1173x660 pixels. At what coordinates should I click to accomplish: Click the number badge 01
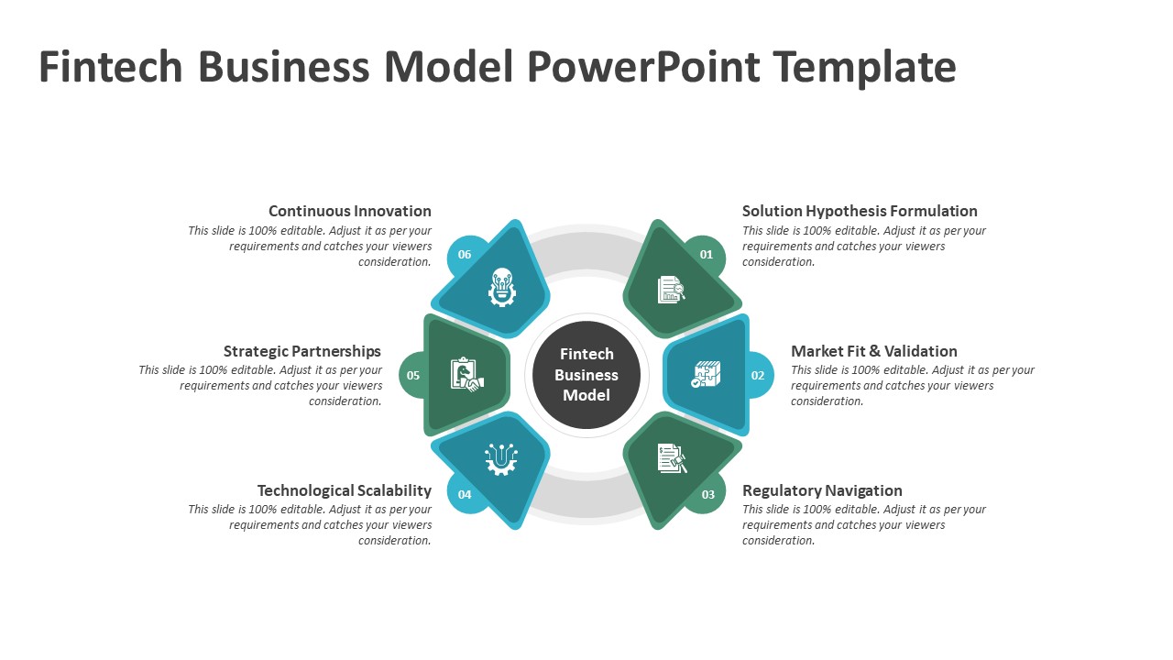(707, 255)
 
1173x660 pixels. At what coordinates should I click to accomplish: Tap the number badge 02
(758, 375)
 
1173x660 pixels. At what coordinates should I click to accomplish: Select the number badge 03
(707, 495)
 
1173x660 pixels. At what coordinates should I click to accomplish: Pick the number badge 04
(465, 495)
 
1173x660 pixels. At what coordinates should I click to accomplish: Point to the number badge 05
(413, 375)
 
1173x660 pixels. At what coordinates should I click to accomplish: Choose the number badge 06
(465, 255)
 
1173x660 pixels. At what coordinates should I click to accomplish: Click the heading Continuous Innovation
(349, 211)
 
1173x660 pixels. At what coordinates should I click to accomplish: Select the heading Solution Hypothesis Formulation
(860, 211)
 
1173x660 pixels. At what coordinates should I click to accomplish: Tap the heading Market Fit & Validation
(873, 351)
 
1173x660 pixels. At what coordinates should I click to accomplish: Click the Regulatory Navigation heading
(822, 490)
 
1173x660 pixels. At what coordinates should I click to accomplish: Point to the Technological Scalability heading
(344, 490)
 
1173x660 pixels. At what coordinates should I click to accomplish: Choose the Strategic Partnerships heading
(301, 351)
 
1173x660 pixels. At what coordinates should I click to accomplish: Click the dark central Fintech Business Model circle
(586, 375)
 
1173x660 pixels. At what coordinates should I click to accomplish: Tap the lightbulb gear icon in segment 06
(501, 288)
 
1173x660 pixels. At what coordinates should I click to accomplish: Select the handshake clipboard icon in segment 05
(466, 375)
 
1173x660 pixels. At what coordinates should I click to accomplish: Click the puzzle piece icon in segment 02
(706, 374)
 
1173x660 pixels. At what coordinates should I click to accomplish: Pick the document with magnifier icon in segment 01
(671, 290)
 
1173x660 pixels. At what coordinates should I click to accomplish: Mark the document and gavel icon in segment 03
(672, 458)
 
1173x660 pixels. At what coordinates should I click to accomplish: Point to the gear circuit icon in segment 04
(500, 458)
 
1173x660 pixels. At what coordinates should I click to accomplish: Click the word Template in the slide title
(864, 67)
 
